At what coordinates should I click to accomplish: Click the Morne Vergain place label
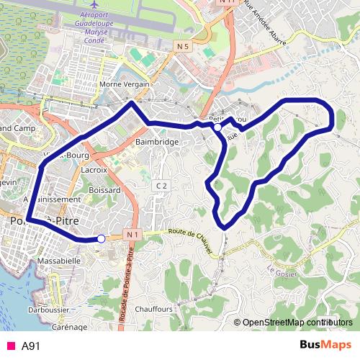point(124,84)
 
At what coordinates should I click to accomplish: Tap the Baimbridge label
point(157,143)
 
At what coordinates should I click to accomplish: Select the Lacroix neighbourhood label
point(94,170)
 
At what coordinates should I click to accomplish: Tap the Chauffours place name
point(153,309)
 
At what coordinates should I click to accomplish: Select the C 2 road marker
point(161,186)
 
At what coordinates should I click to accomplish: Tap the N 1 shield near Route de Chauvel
point(130,235)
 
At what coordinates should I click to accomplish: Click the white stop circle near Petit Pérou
point(217,127)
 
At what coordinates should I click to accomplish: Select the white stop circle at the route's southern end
point(102,238)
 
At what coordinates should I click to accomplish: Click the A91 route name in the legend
point(31,346)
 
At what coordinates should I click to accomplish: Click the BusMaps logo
point(325,345)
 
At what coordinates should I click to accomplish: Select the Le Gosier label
point(281,271)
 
